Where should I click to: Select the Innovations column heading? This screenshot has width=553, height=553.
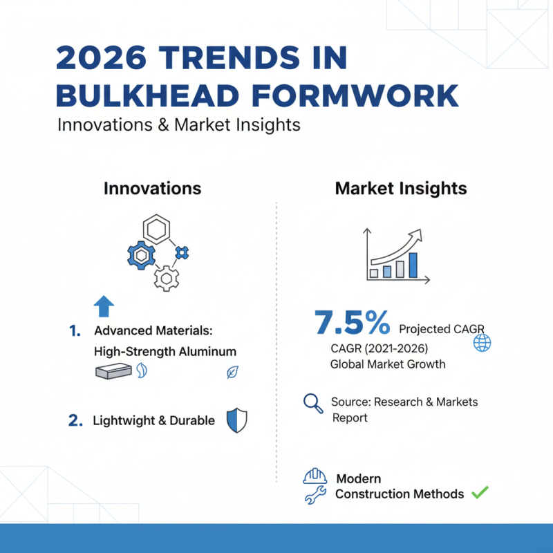coord(152,188)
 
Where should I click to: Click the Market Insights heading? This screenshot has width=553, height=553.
coord(401,188)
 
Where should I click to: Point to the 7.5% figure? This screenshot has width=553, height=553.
coord(352,323)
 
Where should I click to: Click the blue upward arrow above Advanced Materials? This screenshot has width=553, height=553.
coord(104,306)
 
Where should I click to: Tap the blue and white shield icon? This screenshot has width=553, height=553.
coord(236,420)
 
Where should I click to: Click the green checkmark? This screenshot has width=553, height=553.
coord(479,493)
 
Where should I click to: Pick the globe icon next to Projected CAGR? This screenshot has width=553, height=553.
coord(481,343)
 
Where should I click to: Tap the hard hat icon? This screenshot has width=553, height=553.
coord(315,477)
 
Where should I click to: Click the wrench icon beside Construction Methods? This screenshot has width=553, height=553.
coord(315,495)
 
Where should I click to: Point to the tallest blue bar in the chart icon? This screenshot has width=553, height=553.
coord(413,264)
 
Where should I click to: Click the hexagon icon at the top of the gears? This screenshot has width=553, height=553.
coord(156,229)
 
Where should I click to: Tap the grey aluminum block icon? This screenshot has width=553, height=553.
coord(112,372)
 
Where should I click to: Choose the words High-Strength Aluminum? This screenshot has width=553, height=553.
coord(165,351)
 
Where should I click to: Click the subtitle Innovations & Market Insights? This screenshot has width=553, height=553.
coord(178,125)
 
